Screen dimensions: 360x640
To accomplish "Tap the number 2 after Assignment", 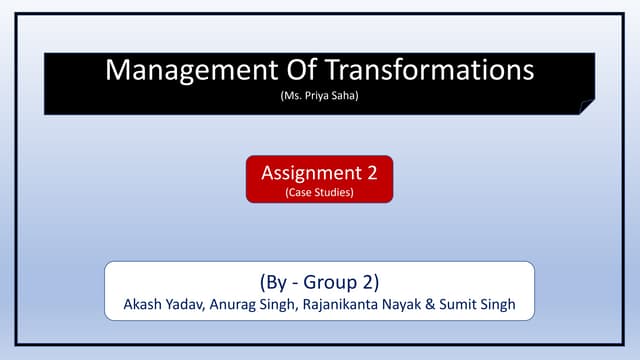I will click(371, 172).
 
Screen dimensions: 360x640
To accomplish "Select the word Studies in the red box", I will click(333, 191).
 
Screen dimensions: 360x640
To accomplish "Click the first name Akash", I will click(144, 305).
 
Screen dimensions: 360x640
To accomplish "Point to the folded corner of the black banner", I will click(587, 106).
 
